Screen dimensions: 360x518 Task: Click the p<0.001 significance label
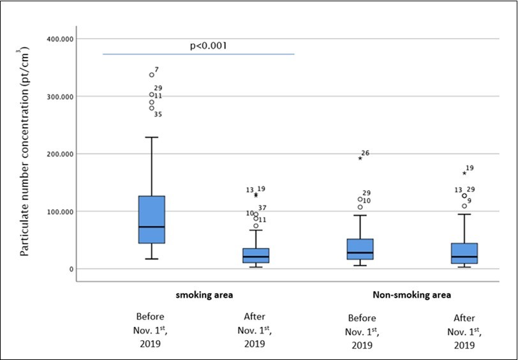click(209, 46)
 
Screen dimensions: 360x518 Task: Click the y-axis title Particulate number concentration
click(25, 151)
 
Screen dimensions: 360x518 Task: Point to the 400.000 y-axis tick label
click(59, 39)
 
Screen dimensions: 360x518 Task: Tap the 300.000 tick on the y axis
click(59, 96)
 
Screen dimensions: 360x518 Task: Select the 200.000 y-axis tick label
click(59, 154)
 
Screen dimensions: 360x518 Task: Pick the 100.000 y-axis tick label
click(59, 211)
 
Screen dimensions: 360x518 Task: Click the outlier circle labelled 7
click(152, 75)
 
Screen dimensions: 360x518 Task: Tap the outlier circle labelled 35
click(152, 108)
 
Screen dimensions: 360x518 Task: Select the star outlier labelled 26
click(360, 158)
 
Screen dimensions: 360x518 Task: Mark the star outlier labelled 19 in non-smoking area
click(464, 173)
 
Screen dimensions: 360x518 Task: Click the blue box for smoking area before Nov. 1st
click(151, 219)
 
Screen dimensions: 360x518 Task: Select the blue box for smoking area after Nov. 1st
click(256, 255)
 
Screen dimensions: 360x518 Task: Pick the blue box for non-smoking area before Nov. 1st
click(360, 249)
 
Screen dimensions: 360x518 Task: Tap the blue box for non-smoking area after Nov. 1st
click(464, 253)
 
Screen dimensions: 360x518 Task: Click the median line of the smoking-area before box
click(151, 227)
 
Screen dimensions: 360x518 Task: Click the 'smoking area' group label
click(204, 295)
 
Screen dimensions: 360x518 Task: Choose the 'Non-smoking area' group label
click(411, 295)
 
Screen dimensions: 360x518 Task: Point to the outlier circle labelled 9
click(464, 206)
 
